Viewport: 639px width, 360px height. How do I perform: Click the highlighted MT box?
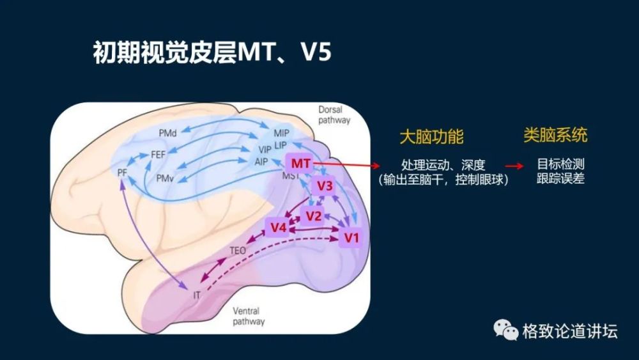click(x=300, y=164)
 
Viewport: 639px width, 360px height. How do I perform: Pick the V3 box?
click(x=324, y=187)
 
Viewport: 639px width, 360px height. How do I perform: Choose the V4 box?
click(x=277, y=227)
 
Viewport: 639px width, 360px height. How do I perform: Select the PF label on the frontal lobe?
click(x=123, y=173)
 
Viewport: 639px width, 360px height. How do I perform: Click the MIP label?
click(x=281, y=133)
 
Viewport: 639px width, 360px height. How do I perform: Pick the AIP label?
click(x=261, y=162)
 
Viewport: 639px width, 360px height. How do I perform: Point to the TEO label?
click(x=238, y=250)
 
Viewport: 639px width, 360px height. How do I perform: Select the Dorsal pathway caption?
click(x=334, y=115)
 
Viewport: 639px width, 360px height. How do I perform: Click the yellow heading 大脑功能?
click(x=431, y=137)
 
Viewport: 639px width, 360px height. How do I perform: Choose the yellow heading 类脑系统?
click(x=555, y=136)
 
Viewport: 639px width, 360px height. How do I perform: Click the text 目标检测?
click(x=560, y=165)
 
